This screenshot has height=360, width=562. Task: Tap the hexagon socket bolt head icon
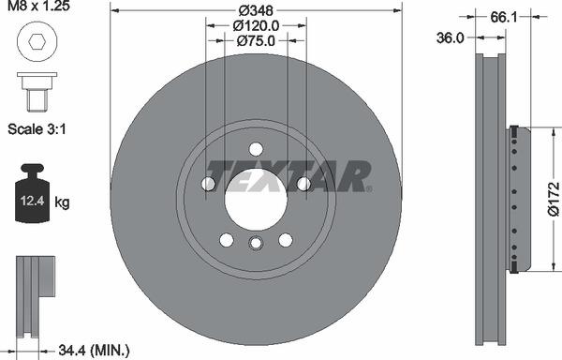(x=34, y=42)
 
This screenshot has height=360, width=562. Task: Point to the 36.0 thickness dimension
(x=451, y=37)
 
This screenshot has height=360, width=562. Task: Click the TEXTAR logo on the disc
(x=288, y=175)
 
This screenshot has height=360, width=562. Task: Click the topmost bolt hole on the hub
(x=256, y=149)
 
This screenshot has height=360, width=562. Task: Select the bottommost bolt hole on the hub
(x=256, y=245)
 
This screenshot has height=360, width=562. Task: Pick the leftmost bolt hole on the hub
(x=208, y=184)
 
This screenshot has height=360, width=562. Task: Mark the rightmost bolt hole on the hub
(x=303, y=184)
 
